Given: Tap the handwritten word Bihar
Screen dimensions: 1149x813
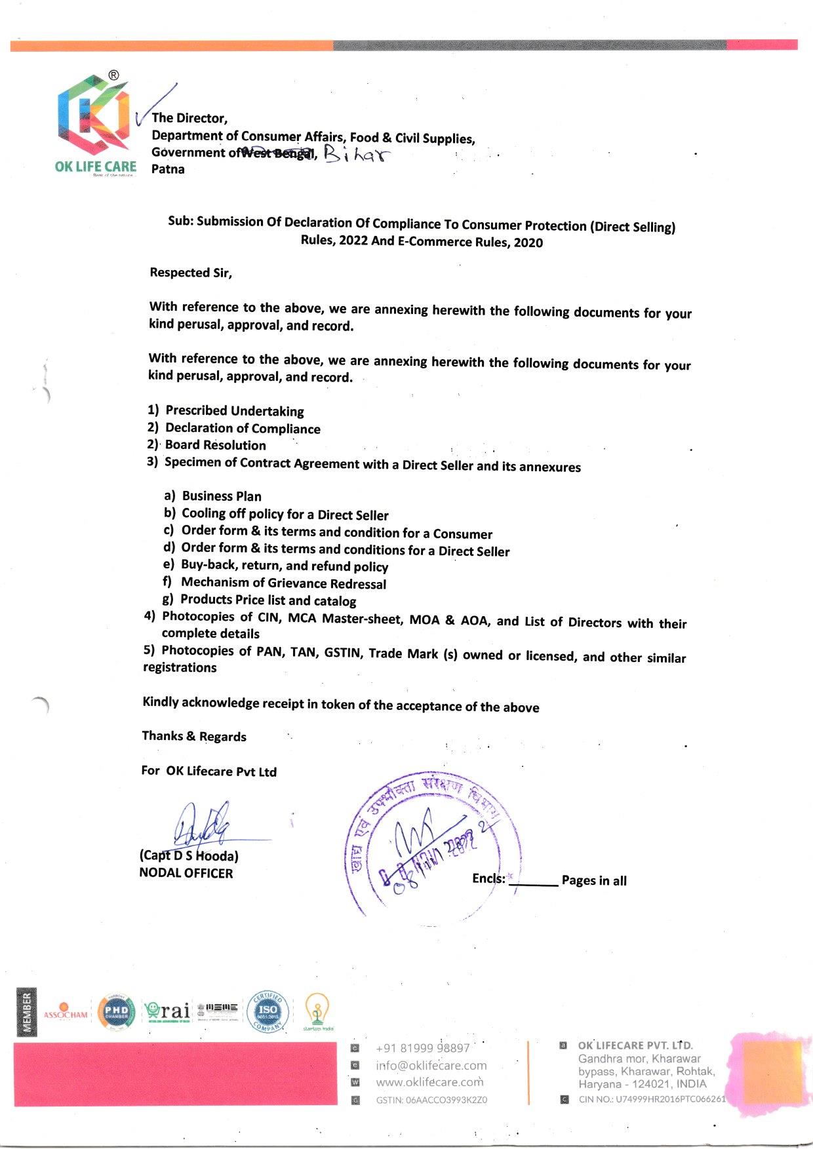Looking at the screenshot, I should click(x=356, y=155).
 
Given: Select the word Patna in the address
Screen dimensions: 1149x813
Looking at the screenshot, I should click(x=168, y=169).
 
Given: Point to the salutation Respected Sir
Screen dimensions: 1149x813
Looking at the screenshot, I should click(x=191, y=273).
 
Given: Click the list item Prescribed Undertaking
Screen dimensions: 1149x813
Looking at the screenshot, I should click(x=234, y=411).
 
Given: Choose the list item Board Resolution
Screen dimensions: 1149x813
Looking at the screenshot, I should click(x=215, y=445).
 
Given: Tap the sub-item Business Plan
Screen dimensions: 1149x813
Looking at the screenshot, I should click(x=222, y=496).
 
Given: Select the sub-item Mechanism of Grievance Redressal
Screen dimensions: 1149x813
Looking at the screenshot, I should click(x=283, y=583).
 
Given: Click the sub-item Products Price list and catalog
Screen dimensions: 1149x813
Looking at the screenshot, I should click(x=268, y=600).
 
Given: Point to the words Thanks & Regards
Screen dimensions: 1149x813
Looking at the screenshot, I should click(x=194, y=736).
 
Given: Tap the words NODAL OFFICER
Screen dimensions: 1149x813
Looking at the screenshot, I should click(x=186, y=873).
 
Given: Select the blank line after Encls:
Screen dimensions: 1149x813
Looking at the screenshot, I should click(x=533, y=884).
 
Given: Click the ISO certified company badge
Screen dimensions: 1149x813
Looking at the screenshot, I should click(x=268, y=1011).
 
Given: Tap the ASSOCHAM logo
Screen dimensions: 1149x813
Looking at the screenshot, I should click(x=65, y=1013).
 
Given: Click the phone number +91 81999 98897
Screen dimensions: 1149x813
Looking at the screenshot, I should click(x=422, y=1048).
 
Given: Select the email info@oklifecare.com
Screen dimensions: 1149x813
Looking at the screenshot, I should click(x=431, y=1066).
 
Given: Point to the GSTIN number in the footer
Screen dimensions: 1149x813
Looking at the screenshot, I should click(x=431, y=1100).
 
